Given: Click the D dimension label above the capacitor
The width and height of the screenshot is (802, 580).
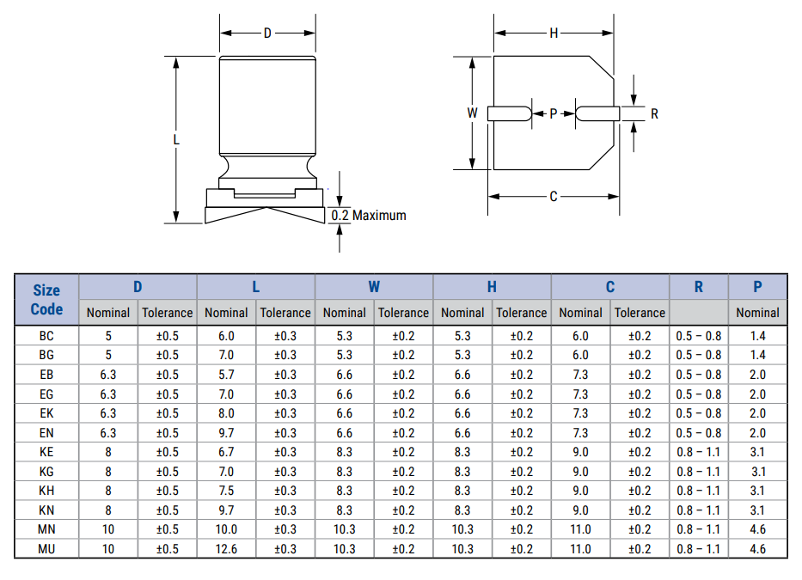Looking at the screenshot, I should click(267, 34).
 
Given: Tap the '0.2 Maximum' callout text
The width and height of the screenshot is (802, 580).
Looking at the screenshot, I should click(369, 215).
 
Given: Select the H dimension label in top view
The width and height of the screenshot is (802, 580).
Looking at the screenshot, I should click(554, 34).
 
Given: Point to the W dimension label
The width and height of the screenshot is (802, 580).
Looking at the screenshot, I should click(472, 113).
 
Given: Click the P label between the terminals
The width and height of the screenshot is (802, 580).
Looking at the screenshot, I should click(554, 113).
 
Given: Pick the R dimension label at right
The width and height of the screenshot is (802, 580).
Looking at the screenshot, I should click(654, 113).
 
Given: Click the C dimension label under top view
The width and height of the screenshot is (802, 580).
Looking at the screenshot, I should click(554, 197).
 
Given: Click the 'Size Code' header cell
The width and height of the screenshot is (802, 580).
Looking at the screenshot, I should click(46, 300).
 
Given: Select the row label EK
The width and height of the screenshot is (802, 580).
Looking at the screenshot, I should click(46, 413).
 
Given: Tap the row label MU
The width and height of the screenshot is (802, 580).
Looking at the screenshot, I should click(46, 549).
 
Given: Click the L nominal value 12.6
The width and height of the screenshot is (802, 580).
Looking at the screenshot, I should click(227, 549).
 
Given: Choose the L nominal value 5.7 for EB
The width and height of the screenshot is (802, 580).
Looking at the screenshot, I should click(227, 375).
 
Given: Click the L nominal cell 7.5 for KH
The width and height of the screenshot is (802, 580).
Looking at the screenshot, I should click(227, 491).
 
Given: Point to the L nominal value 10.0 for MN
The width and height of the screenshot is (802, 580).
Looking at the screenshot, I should click(227, 529).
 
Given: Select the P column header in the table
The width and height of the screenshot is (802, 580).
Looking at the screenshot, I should click(757, 287).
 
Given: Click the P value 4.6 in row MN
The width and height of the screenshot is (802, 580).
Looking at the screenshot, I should click(757, 529).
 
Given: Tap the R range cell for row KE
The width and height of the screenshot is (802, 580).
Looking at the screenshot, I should click(698, 452).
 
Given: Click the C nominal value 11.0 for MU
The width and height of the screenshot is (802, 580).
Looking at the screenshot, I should click(581, 549).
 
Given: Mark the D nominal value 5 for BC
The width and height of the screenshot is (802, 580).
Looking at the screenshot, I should click(108, 336).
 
